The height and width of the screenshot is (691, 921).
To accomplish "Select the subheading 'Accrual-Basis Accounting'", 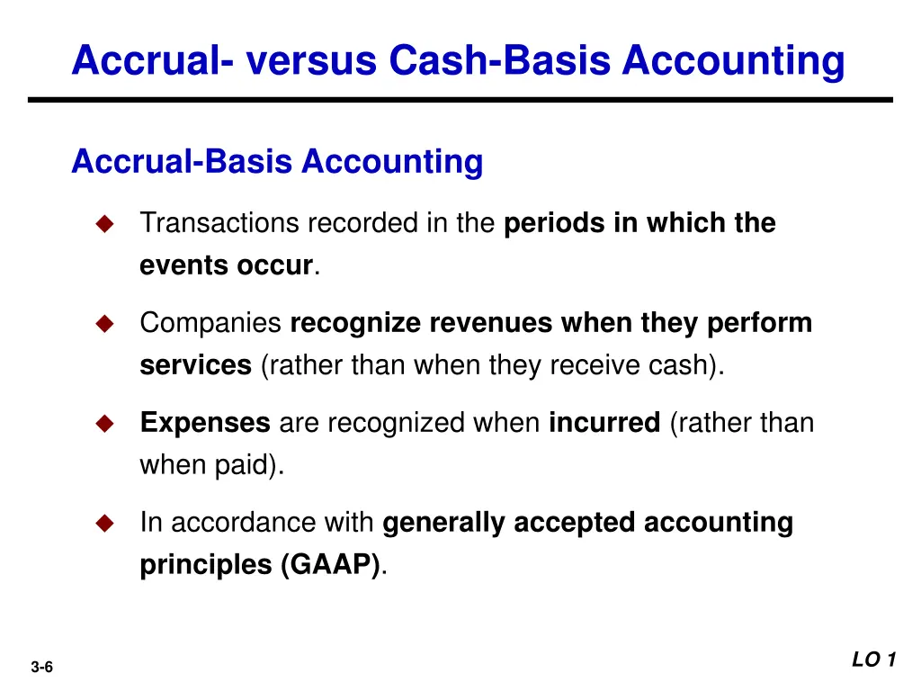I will click(277, 162).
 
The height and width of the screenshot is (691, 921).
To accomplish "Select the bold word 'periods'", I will click(555, 223).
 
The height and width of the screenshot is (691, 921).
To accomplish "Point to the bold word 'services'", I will click(195, 366).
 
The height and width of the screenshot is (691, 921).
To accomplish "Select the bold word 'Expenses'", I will click(204, 423).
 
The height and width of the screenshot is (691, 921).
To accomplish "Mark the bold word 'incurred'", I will click(604, 423).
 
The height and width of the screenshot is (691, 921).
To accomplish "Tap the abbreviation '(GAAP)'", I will click(329, 566).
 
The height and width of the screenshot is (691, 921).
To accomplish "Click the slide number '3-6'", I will click(41, 667).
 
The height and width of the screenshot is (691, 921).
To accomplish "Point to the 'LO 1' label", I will click(873, 660).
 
